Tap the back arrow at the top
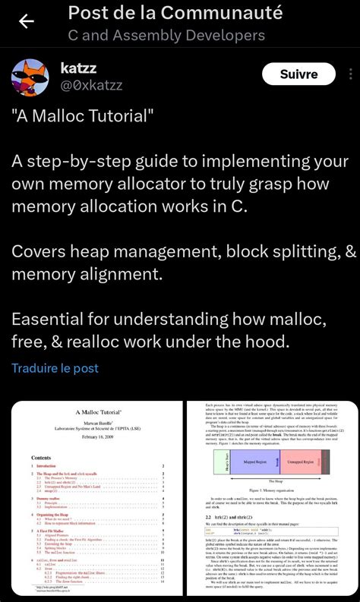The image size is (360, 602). (x=27, y=21)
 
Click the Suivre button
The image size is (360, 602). (x=298, y=74)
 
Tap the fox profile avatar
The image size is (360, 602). (x=31, y=78)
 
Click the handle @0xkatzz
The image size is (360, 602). (x=91, y=85)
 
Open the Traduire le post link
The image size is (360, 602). (x=55, y=368)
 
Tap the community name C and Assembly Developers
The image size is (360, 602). (x=166, y=35)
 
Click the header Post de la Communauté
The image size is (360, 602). (x=175, y=13)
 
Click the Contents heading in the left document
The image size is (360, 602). (x=41, y=458)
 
